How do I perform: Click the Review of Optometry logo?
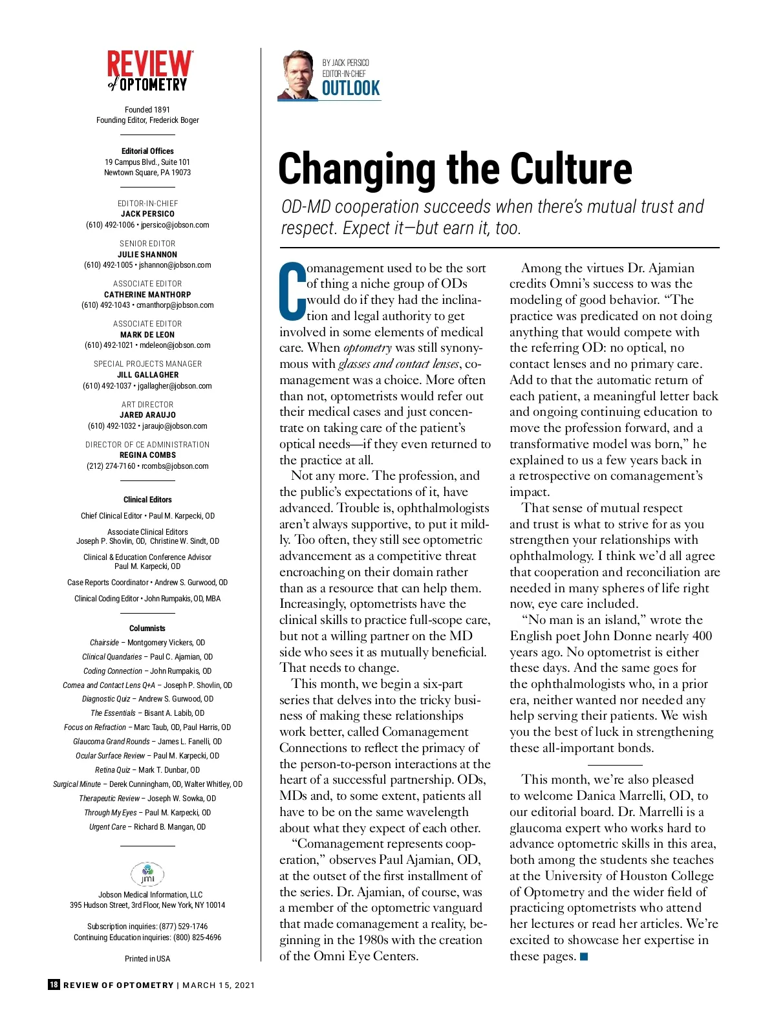click(x=149, y=71)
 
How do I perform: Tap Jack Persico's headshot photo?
click(x=299, y=75)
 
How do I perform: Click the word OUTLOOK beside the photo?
click(x=351, y=89)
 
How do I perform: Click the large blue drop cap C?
click(x=292, y=291)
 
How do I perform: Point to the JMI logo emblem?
click(x=147, y=874)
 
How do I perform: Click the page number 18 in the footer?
click(x=54, y=985)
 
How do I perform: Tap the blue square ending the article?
click(x=585, y=956)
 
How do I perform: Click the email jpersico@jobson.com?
click(x=175, y=225)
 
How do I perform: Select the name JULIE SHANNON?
click(x=147, y=255)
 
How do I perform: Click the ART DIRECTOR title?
click(x=147, y=405)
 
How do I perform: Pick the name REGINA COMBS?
click(x=147, y=455)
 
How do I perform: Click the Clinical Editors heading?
click(x=147, y=500)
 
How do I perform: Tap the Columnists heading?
click(x=147, y=629)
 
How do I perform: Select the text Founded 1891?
click(x=147, y=110)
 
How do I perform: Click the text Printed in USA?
click(x=147, y=959)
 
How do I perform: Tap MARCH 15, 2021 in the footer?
click(x=219, y=985)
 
